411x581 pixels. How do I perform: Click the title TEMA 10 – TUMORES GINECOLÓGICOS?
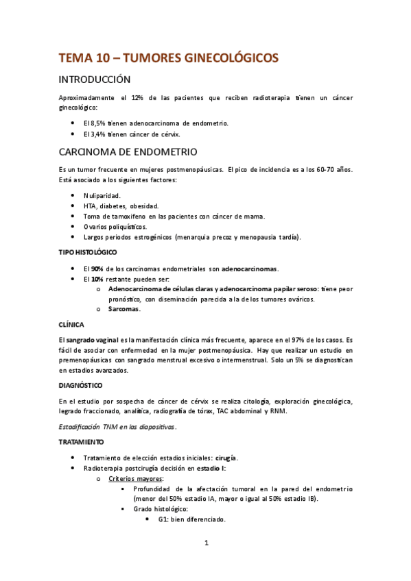[x=168, y=58]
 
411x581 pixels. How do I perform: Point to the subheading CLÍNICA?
[x=71, y=324]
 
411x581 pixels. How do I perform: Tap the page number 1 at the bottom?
[x=206, y=543]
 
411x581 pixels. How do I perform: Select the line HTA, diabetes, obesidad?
[x=121, y=206]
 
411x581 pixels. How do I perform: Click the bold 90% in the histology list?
[x=97, y=268]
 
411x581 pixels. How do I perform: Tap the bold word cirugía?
[x=226, y=457]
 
